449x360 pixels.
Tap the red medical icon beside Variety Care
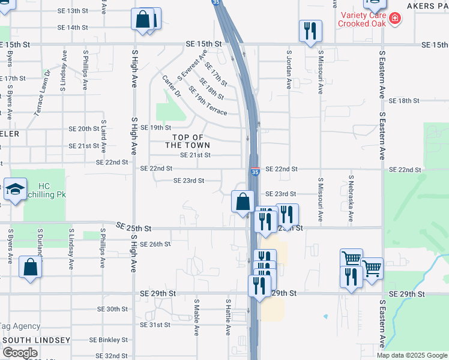[394, 19]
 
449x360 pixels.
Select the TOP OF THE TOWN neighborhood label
[188, 141]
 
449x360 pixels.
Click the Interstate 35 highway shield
[255, 172]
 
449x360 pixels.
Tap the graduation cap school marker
[15, 190]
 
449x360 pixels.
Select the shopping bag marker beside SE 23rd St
[243, 202]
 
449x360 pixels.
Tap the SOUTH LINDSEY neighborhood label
[36, 340]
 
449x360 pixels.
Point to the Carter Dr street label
[171, 86]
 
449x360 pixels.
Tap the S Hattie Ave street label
[228, 317]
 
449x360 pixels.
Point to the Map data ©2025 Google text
[411, 355]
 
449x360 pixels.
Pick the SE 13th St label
[73, 11]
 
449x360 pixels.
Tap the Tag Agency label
[20, 326]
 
